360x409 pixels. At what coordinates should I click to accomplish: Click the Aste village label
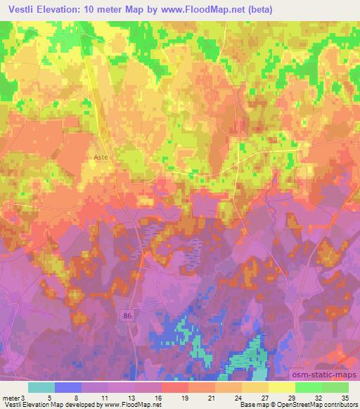101,159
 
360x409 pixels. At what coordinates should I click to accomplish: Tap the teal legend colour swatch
41,387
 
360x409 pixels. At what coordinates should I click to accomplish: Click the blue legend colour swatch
68,387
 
